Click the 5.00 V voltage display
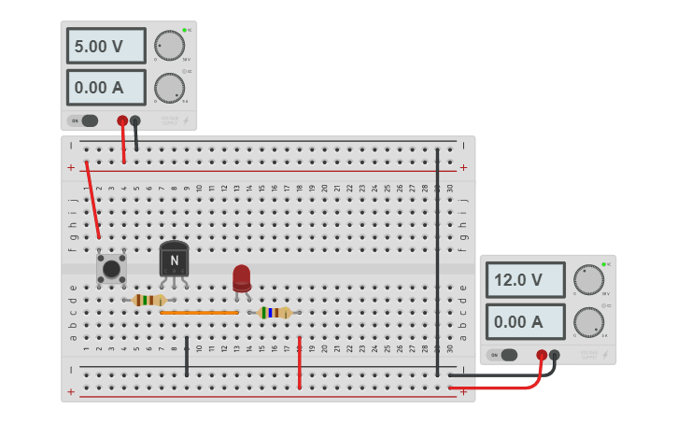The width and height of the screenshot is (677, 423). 106,46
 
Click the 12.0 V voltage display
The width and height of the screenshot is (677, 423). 525,279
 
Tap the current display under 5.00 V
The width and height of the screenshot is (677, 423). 106,88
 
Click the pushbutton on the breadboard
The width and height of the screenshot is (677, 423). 112,269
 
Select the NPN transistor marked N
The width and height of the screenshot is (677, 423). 174,261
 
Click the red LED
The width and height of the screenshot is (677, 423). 242,276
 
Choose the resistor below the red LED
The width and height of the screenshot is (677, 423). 275,313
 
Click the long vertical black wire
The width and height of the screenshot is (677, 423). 437,261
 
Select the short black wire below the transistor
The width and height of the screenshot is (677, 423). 187,357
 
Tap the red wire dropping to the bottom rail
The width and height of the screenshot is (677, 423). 299,364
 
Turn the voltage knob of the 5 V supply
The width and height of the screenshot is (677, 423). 169,45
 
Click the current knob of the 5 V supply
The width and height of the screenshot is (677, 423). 169,88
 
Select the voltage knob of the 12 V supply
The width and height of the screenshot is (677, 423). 588,279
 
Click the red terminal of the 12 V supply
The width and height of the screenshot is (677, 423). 542,355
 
